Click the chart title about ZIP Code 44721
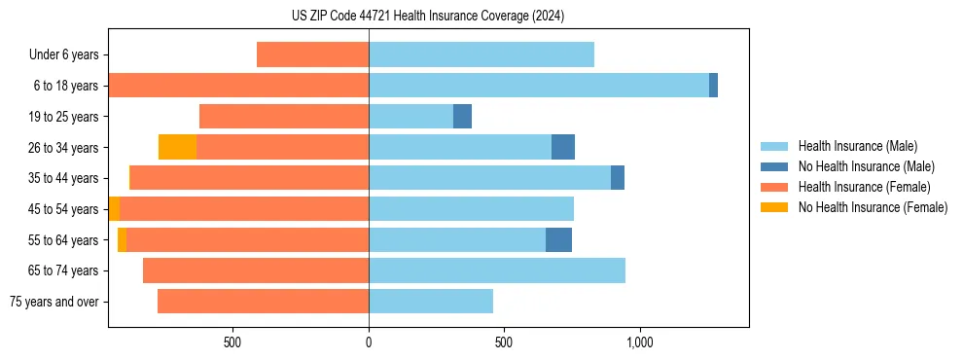(x=428, y=17)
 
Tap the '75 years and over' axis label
(x=54, y=302)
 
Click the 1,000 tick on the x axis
(x=639, y=342)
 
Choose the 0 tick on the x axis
(x=369, y=342)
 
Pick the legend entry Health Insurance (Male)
(x=857, y=146)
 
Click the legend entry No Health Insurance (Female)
(x=873, y=207)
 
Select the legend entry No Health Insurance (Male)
(x=866, y=166)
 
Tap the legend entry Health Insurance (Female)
(x=864, y=187)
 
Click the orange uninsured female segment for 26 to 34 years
(x=177, y=147)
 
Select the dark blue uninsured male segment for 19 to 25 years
(x=462, y=117)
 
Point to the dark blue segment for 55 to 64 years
(x=558, y=240)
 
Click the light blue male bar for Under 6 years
(x=481, y=55)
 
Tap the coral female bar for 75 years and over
(x=263, y=302)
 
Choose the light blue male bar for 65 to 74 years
(x=497, y=270)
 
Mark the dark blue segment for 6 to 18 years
(x=713, y=86)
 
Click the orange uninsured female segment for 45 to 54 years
(x=114, y=209)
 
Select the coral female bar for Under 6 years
(x=312, y=55)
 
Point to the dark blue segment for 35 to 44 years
(x=618, y=178)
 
